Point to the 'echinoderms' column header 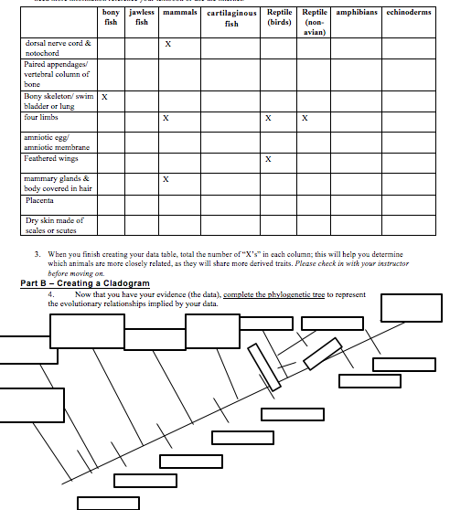(x=408, y=13)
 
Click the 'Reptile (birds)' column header (x=279, y=18)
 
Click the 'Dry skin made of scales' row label (x=54, y=225)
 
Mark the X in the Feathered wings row (x=268, y=159)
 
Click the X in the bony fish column (x=105, y=96)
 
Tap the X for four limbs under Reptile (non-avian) (x=305, y=118)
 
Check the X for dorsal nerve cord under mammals (x=167, y=44)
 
